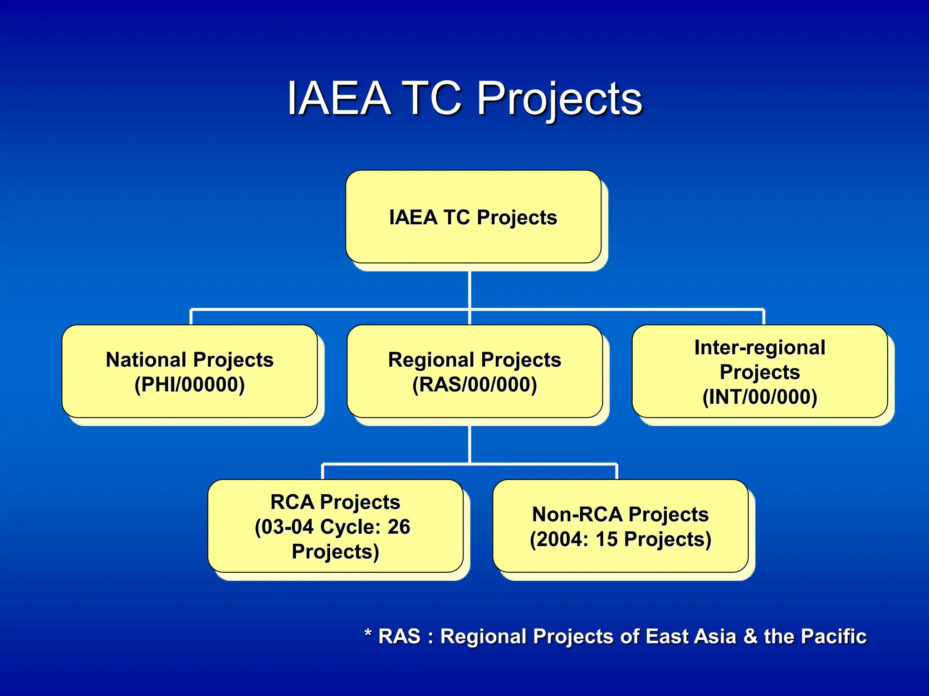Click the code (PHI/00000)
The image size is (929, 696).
click(x=190, y=385)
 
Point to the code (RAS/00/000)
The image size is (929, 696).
click(x=474, y=385)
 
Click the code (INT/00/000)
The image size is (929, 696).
click(x=760, y=397)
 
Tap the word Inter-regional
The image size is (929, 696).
click(x=760, y=348)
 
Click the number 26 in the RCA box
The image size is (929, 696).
click(x=399, y=527)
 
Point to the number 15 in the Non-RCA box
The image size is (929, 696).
click(x=606, y=539)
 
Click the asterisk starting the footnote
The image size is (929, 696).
click(x=368, y=633)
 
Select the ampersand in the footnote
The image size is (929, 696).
click(x=750, y=636)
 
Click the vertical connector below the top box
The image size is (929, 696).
click(x=469, y=290)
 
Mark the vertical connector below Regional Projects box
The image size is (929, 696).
click(x=469, y=444)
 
